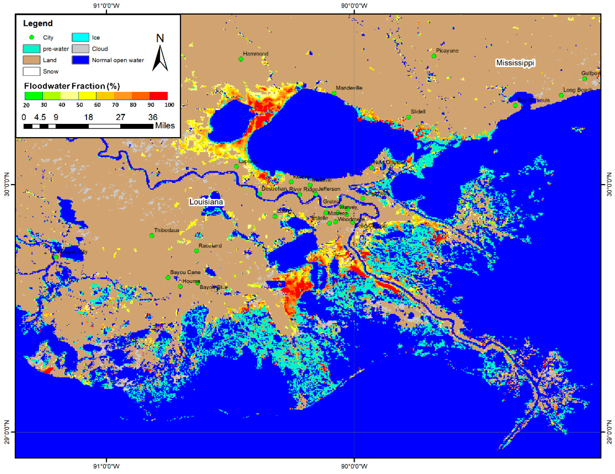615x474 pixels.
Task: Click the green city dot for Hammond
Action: click(241, 59)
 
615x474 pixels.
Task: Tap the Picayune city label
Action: click(447, 51)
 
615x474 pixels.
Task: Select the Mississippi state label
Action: click(515, 63)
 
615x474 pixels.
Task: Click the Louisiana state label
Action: click(206, 202)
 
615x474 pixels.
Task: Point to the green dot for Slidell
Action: click(409, 117)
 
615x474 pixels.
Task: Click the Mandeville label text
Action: click(349, 88)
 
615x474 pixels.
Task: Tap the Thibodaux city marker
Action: click(152, 236)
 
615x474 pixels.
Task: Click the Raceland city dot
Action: click(196, 251)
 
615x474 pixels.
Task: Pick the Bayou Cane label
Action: click(185, 272)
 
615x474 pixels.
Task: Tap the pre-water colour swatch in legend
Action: click(32, 49)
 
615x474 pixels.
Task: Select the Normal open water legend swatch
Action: click(80, 60)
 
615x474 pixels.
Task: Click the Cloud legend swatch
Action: click(80, 49)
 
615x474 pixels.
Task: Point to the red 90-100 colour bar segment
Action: click(159, 96)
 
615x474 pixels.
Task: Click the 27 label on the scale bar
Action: click(121, 117)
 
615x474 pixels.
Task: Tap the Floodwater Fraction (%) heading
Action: click(72, 86)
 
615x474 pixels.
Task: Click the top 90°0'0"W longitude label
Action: click(354, 6)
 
